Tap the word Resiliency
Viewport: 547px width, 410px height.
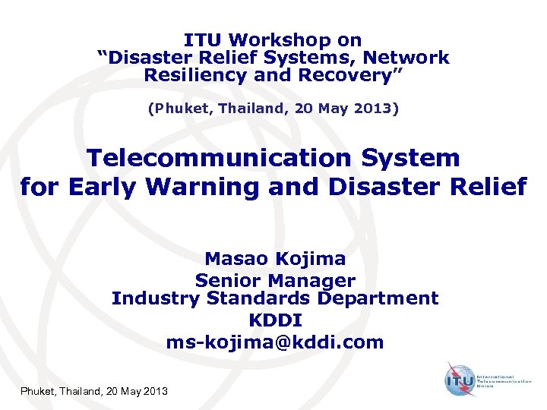pos(193,75)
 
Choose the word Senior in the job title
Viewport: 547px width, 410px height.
pos(226,280)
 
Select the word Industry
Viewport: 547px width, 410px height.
pos(153,298)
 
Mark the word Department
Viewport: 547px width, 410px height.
pos(378,298)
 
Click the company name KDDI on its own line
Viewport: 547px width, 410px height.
pos(275,321)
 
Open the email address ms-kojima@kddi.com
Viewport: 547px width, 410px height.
pos(275,342)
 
